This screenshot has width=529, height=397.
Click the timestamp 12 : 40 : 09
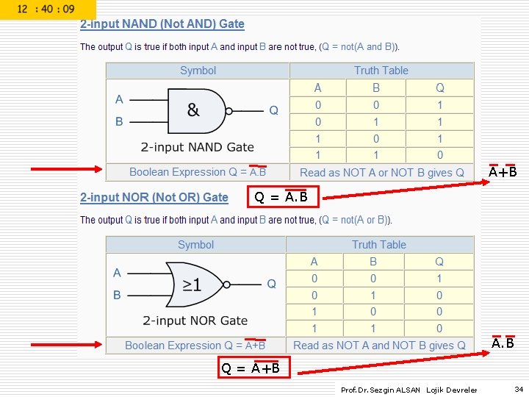click(x=46, y=10)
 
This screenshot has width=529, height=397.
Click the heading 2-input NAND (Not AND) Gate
click(x=162, y=24)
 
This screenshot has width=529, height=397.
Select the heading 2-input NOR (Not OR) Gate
click(x=154, y=197)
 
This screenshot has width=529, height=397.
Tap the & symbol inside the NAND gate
click(x=193, y=110)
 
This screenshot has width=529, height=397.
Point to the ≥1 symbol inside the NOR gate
click(x=192, y=284)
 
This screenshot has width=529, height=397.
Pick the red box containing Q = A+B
click(x=254, y=368)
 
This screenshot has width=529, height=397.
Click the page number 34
click(x=519, y=389)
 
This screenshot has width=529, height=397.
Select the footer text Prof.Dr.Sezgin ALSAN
click(x=381, y=390)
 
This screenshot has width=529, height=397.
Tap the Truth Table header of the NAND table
click(x=381, y=71)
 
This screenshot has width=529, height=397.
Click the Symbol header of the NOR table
click(x=195, y=245)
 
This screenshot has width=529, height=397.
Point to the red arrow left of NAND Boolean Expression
click(x=66, y=170)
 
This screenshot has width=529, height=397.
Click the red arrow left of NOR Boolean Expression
click(x=66, y=343)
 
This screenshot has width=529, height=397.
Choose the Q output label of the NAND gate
click(x=273, y=110)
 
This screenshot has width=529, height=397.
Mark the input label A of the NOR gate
click(x=117, y=273)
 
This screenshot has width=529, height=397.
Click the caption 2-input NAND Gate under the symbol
click(x=197, y=147)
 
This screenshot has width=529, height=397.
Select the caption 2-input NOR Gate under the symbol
click(x=195, y=321)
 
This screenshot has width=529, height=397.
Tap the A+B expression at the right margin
click(x=503, y=173)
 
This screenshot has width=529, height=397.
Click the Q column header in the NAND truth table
click(x=440, y=87)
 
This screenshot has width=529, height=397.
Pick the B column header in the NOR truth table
click(x=373, y=262)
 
